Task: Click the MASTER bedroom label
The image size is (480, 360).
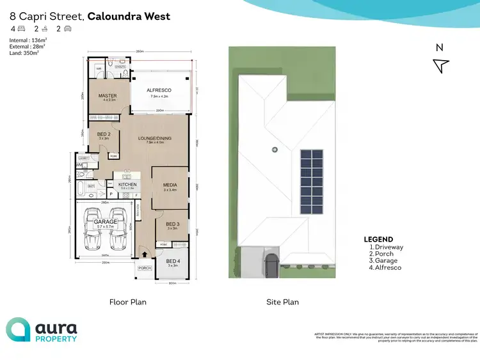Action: point(106,96)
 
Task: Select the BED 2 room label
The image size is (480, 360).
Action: point(104,134)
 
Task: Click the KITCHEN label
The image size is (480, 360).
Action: point(127,185)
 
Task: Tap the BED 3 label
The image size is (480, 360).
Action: point(172,224)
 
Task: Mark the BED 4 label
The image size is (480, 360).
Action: point(172,261)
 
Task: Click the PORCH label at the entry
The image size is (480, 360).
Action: point(145,268)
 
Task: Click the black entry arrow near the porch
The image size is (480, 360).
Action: point(144,254)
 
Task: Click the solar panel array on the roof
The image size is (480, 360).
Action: point(311,183)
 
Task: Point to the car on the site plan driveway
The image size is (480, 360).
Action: point(271,263)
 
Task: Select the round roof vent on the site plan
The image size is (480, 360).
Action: point(274,150)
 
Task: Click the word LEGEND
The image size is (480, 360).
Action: point(378,240)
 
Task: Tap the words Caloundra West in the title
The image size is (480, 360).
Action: point(129,16)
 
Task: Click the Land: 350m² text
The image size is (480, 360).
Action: point(24,52)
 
